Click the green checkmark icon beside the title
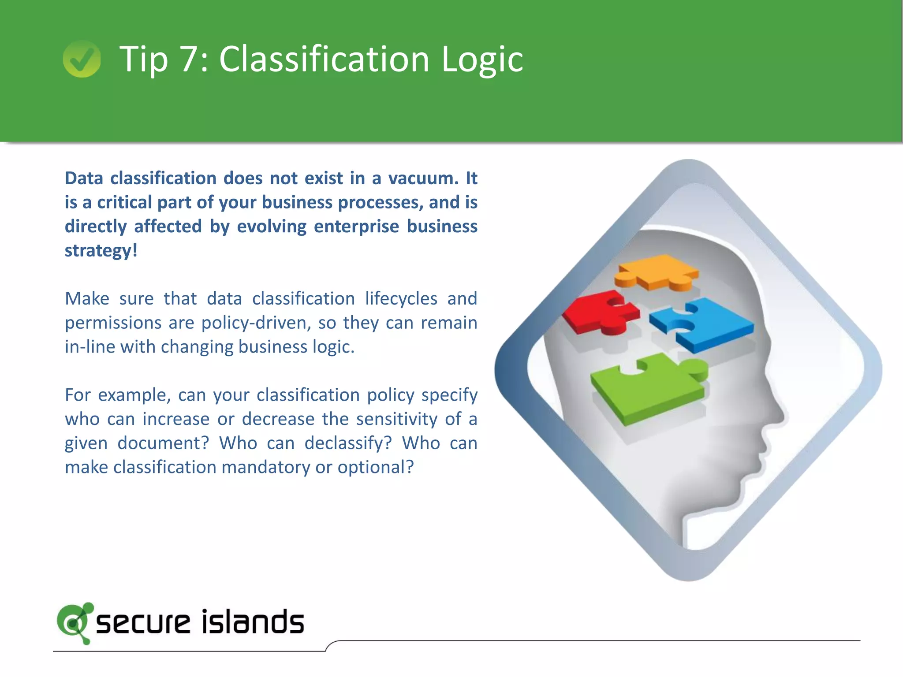coord(82,59)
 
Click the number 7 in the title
coord(190,59)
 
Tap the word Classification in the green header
coord(324,59)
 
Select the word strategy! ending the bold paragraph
coord(101,251)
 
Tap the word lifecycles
coord(401,299)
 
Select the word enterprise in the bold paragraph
coord(356,227)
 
